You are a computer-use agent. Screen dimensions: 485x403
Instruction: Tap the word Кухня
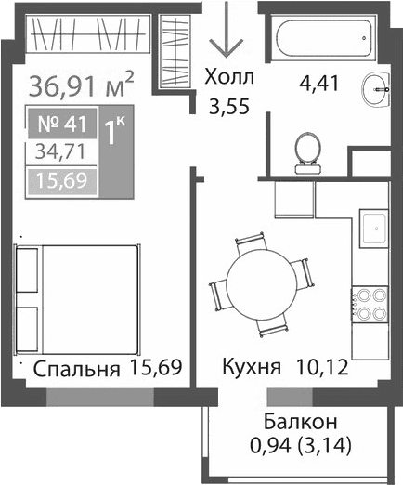point(251,368)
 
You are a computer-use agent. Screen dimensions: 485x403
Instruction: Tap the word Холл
point(228,78)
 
